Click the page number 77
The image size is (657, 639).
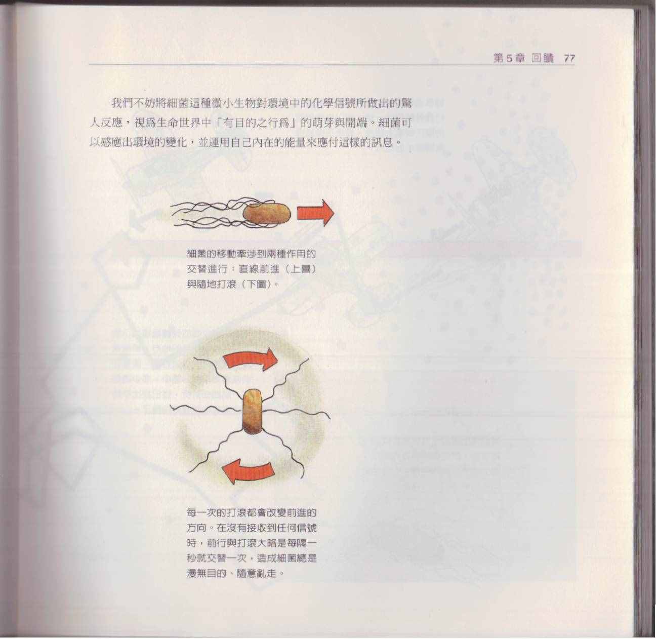click(x=569, y=59)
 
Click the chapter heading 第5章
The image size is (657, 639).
click(x=509, y=59)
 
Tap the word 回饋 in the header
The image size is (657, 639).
click(x=543, y=59)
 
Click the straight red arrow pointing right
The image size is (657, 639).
click(x=315, y=213)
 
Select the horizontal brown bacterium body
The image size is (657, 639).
click(x=267, y=214)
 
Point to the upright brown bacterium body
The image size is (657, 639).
click(x=253, y=412)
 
